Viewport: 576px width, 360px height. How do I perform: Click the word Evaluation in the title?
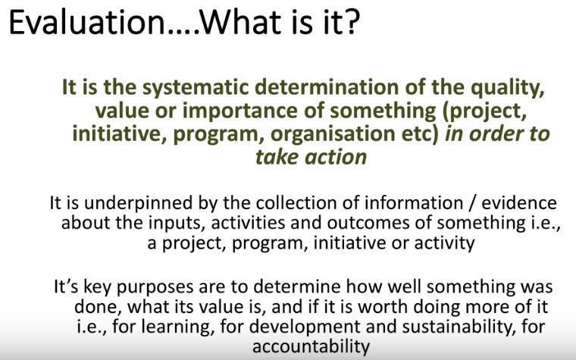click(87, 22)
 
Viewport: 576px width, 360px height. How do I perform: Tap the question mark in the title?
click(352, 22)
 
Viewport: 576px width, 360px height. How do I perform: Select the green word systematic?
click(196, 88)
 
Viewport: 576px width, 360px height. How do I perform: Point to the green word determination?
click(327, 87)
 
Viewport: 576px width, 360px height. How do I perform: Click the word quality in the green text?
click(507, 88)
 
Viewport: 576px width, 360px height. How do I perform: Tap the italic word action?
click(336, 157)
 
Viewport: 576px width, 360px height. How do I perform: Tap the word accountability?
click(311, 347)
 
